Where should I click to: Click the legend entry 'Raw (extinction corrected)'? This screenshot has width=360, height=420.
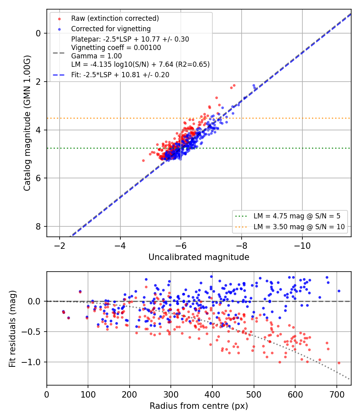[115, 18]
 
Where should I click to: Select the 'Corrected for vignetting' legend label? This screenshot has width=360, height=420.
[111, 29]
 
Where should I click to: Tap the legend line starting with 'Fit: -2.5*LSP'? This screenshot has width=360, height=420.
[120, 75]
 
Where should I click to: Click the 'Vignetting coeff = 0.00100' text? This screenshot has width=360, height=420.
[116, 48]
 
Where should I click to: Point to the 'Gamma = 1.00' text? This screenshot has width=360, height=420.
[96, 56]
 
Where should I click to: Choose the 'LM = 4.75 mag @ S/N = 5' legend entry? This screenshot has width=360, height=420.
[297, 216]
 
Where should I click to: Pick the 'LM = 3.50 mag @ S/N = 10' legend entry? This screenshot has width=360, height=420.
[299, 227]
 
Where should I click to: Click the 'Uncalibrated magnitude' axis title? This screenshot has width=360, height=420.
[199, 257]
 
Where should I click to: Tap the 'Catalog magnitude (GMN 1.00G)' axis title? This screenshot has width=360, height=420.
[27, 123]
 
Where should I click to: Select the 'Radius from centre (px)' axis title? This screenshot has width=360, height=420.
[199, 406]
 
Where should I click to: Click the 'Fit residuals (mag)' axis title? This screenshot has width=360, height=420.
[12, 329]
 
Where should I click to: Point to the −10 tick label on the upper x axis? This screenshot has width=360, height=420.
[302, 246]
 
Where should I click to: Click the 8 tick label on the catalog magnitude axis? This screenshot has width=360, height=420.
[38, 226]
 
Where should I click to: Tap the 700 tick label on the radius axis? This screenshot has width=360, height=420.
[336, 394]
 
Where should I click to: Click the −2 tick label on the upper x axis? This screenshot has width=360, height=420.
[60, 246]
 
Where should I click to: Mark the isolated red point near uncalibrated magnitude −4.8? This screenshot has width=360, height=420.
[143, 161]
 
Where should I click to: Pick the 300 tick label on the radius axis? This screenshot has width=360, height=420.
[171, 394]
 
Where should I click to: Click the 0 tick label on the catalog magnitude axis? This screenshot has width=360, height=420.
[38, 33]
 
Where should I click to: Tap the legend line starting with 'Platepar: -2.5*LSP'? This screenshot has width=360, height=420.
[130, 39]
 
